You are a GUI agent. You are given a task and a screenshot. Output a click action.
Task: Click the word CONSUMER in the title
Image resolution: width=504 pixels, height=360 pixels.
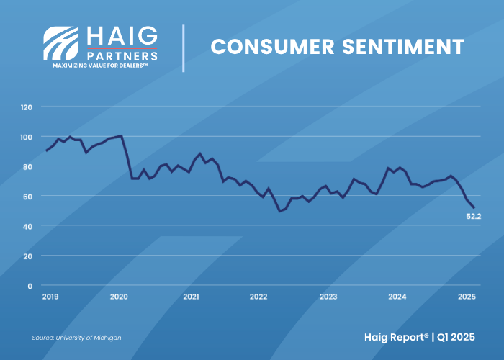point(273,47)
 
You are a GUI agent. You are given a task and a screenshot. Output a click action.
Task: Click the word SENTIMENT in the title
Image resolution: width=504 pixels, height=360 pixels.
point(403,47)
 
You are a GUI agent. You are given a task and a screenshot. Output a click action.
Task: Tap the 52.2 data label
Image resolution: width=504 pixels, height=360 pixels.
point(474,217)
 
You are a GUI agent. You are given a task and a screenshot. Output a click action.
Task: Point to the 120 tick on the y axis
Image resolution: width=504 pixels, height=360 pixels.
point(27,107)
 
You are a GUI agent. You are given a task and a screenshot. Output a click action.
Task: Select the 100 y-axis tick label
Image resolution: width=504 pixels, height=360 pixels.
point(27,138)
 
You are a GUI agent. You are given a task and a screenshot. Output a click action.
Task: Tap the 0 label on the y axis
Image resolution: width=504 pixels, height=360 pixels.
point(30,286)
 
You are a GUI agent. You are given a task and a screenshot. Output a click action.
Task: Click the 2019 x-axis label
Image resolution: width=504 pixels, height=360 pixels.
point(50,297)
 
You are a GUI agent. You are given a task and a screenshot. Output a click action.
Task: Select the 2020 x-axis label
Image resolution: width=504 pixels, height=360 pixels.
point(119,297)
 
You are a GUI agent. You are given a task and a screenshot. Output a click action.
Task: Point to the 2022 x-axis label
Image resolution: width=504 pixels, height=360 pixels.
point(258,297)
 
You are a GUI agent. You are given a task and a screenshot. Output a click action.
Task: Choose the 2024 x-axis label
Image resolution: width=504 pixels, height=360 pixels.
point(397,297)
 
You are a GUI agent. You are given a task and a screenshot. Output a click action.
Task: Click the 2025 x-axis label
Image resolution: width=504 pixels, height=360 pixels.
point(467,297)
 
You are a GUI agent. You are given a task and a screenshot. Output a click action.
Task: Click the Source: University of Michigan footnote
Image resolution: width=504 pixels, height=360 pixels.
point(76,338)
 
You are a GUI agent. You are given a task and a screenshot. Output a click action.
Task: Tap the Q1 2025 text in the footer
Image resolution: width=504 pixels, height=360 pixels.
point(456,337)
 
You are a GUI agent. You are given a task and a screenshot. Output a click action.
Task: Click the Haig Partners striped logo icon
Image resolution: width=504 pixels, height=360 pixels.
point(60,43)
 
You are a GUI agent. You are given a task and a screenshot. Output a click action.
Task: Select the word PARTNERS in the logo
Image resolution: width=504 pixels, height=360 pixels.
point(122,56)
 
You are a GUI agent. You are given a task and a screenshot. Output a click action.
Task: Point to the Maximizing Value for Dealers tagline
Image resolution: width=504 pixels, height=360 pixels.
point(100,66)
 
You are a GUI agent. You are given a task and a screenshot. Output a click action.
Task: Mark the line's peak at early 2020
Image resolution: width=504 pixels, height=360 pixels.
point(121,135)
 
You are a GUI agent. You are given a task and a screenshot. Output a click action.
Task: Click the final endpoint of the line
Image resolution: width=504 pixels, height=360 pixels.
point(474,207)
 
